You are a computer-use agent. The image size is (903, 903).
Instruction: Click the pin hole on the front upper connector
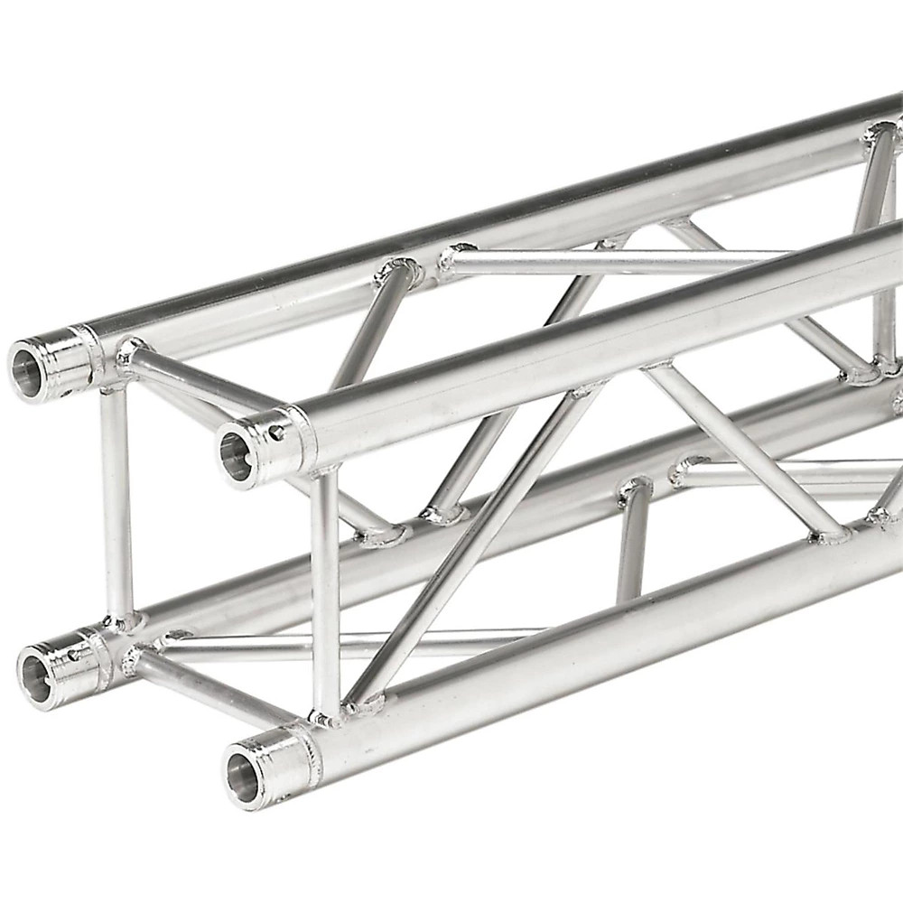click(275, 433)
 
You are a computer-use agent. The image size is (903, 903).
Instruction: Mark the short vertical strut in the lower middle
click(632, 542)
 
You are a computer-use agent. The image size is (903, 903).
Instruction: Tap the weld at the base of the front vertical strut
click(325, 718)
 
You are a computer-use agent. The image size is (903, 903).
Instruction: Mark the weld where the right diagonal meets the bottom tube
click(831, 535)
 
